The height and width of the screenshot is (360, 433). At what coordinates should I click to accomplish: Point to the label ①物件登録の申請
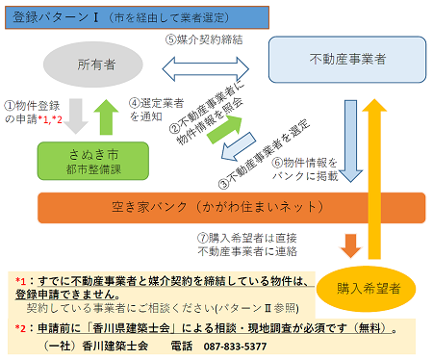[x=35, y=111]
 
